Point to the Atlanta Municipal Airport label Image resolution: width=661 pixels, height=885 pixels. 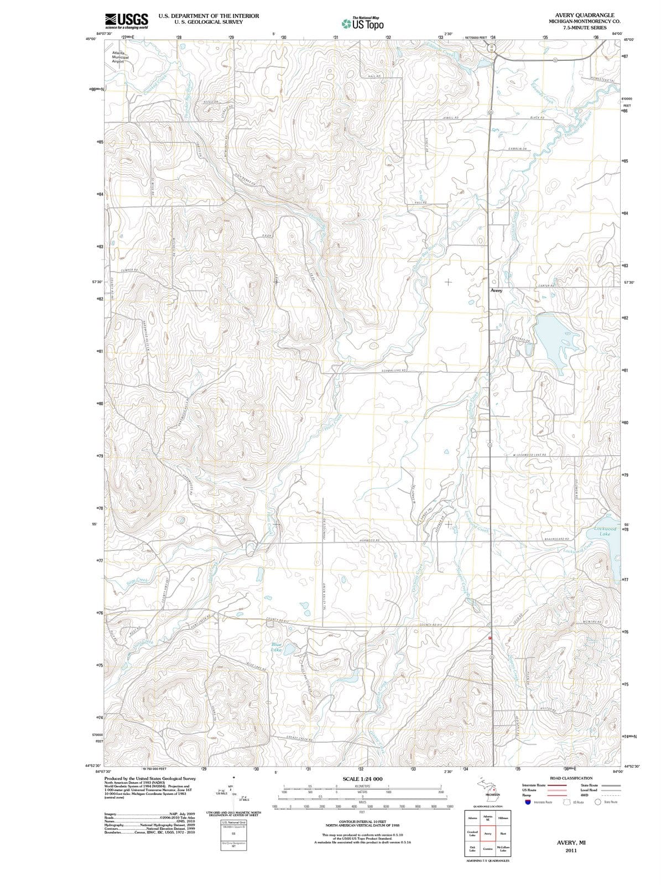click(x=120, y=57)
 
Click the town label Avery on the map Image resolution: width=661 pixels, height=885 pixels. click(x=496, y=290)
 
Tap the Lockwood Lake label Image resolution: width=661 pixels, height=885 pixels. click(x=604, y=532)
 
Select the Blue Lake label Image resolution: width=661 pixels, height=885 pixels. click(x=277, y=647)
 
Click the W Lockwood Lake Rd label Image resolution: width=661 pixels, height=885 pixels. click(x=530, y=455)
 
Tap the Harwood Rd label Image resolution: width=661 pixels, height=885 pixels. click(x=369, y=540)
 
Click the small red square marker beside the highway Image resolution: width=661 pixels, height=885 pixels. click(x=490, y=638)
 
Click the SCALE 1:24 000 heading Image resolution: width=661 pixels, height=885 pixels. click(x=362, y=778)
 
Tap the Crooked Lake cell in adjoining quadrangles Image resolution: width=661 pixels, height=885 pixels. click(x=473, y=834)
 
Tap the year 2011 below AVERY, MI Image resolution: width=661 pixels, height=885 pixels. click(x=571, y=850)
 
